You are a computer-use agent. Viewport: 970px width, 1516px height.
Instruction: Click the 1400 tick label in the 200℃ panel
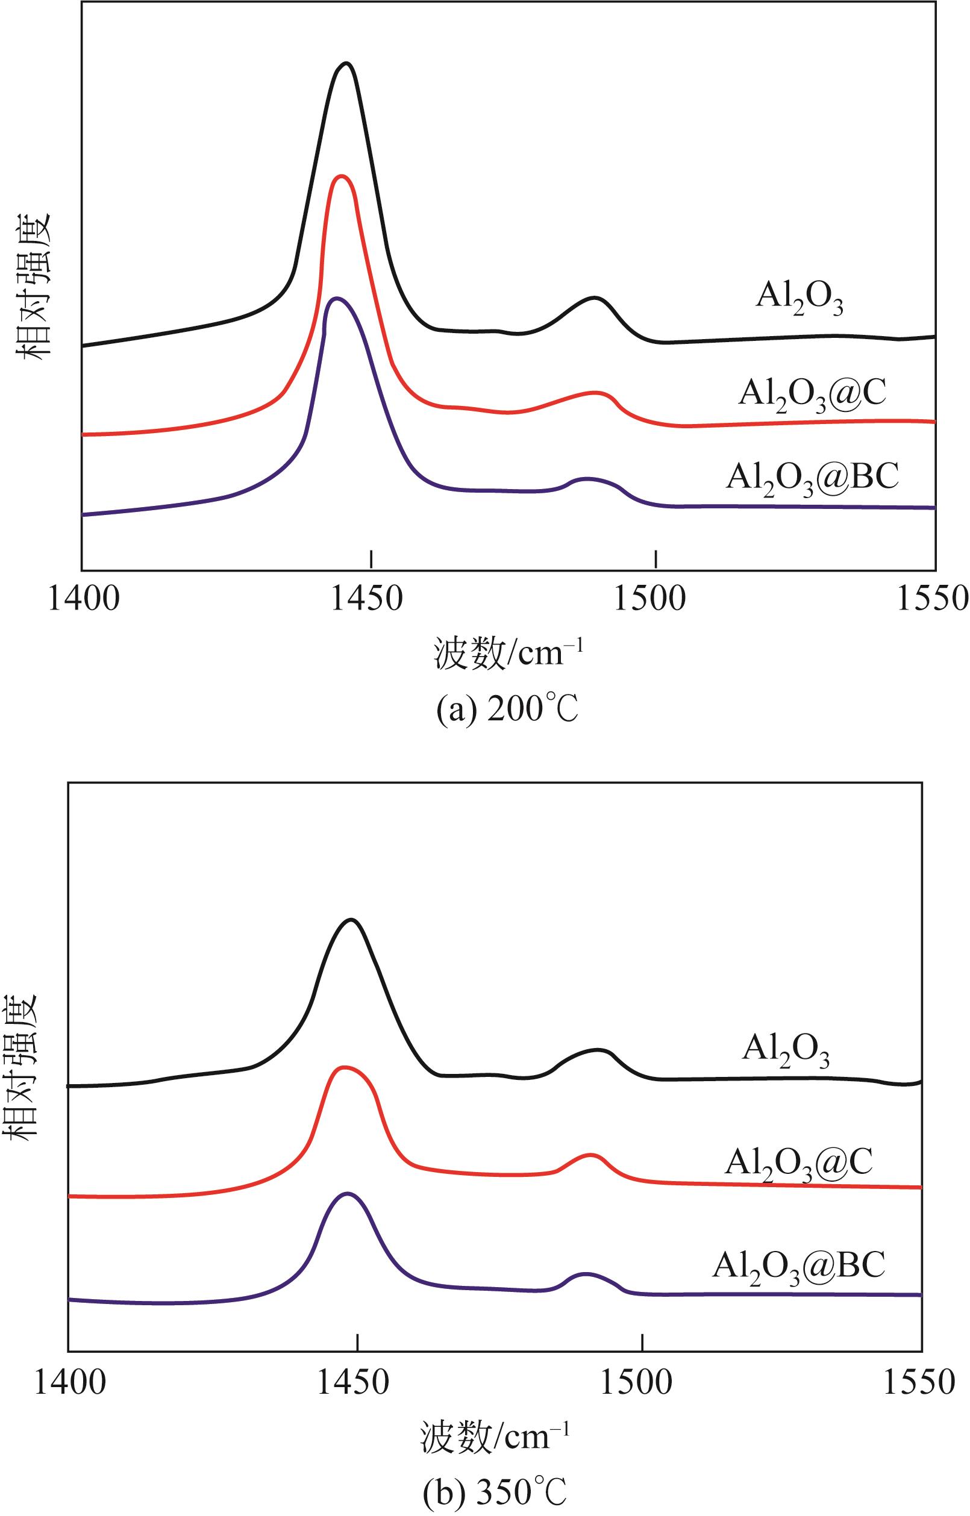[83, 599]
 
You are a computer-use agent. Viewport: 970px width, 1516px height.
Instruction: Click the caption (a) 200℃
[508, 711]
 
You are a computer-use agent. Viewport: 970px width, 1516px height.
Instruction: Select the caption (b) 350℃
[495, 1494]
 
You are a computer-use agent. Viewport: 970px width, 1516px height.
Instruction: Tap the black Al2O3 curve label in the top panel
[799, 300]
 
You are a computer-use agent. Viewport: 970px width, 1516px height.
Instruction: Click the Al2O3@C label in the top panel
[813, 395]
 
